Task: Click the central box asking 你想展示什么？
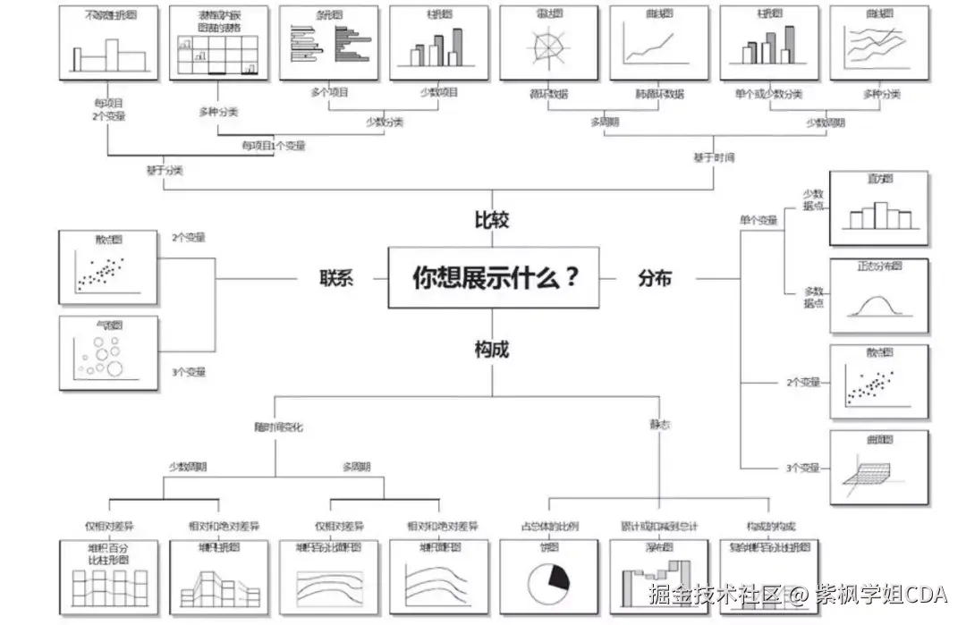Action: [x=494, y=278]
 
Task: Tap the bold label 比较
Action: [x=492, y=220]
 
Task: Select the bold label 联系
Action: [x=337, y=278]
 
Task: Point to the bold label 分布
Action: [x=655, y=278]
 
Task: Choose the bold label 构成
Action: [x=492, y=350]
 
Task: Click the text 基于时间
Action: [x=714, y=157]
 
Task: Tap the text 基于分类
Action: [x=164, y=170]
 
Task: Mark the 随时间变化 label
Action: [x=278, y=427]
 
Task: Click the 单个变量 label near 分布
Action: [x=758, y=219]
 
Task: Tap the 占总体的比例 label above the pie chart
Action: [x=550, y=527]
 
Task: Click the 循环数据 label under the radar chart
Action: [x=547, y=93]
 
